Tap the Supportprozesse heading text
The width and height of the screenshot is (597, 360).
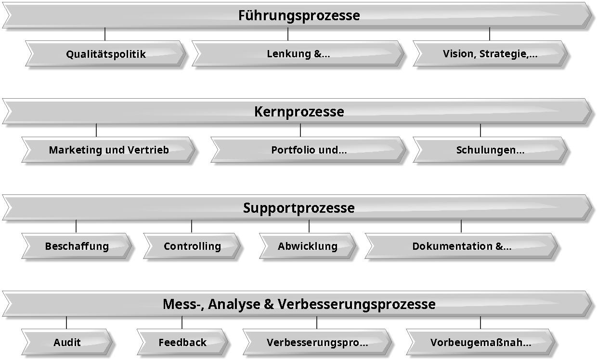[299, 208]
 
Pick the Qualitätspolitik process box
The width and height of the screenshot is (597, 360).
[106, 53]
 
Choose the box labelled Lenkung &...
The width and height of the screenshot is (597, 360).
[298, 53]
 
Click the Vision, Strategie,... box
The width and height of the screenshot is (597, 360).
[491, 53]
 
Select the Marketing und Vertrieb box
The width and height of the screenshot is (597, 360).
[108, 150]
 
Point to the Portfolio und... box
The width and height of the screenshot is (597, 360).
[309, 150]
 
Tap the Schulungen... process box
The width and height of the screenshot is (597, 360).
[491, 150]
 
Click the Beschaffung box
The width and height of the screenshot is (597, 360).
[77, 246]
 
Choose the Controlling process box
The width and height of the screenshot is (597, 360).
[192, 246]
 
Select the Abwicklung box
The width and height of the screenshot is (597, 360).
[308, 246]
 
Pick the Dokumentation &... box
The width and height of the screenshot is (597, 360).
[461, 246]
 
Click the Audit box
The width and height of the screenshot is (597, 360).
[67, 342]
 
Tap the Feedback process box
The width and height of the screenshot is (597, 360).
[182, 342]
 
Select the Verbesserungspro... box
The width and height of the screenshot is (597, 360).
[317, 342]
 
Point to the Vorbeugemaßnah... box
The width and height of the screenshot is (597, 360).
[480, 342]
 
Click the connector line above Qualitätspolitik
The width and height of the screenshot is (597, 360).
[105, 34]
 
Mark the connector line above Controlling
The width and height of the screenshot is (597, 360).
[192, 226]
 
